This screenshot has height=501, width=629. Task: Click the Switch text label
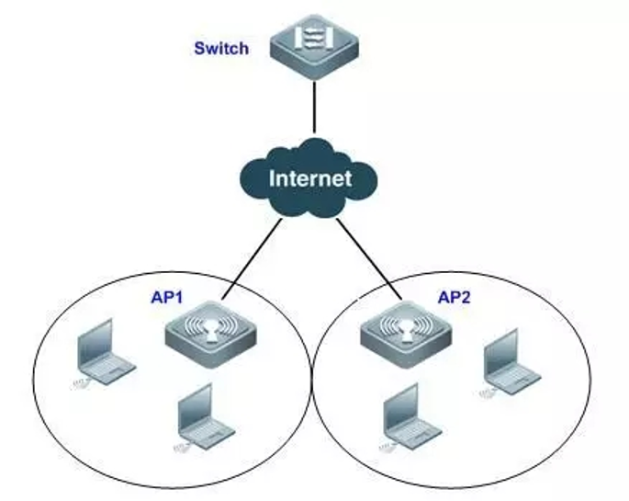[220, 48]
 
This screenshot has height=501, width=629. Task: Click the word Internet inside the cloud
[309, 177]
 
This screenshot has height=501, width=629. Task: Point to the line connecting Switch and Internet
[313, 105]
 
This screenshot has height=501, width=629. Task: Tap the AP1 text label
[166, 299]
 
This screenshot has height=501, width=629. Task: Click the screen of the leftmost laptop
[96, 340]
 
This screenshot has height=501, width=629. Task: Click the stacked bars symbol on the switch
[313, 40]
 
